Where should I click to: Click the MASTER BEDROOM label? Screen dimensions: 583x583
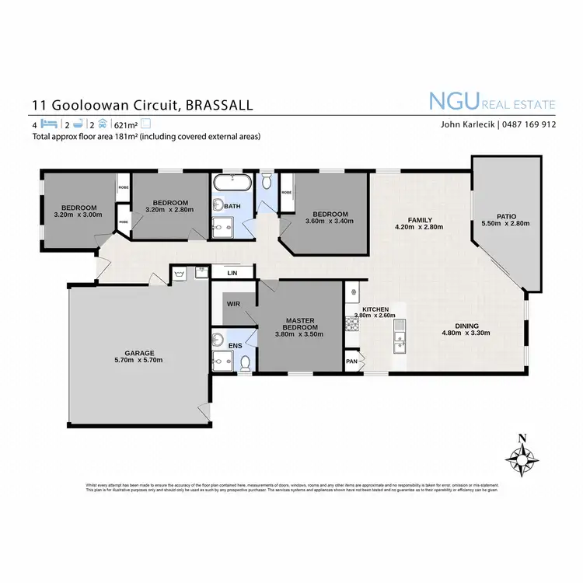(300, 323)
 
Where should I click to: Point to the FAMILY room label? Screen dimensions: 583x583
(420, 220)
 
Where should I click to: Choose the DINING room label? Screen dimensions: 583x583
(466, 326)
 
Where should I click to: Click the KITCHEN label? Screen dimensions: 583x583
(371, 309)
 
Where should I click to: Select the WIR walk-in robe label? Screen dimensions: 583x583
(232, 303)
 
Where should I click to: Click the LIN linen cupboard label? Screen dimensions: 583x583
(232, 273)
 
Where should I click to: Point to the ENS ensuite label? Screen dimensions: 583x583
(233, 344)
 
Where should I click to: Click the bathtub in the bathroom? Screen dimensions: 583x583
(231, 185)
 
